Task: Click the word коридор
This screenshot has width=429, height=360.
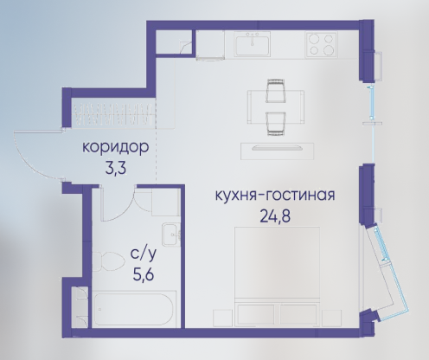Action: [x=116, y=148]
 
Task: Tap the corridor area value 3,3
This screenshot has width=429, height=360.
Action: [x=116, y=169]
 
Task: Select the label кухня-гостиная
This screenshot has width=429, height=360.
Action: [x=275, y=195]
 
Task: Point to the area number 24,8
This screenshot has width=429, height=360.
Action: [x=275, y=215]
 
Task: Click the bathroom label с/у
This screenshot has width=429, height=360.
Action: [x=144, y=254]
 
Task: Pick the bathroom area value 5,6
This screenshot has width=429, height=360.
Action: [x=144, y=274]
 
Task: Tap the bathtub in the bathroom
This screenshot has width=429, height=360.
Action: [x=133, y=309]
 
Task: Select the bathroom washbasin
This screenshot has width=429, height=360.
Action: [x=170, y=235]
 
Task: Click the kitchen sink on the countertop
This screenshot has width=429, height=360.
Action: [x=253, y=44]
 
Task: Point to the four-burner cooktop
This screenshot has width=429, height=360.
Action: [x=322, y=44]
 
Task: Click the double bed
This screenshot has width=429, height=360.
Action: [x=277, y=277]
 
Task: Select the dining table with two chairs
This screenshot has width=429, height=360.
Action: [x=276, y=106]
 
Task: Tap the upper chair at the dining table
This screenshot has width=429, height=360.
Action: [x=276, y=90]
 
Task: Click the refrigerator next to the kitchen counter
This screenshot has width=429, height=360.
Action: [x=210, y=45]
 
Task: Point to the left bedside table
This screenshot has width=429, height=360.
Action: [x=222, y=318]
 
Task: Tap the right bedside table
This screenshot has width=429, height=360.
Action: [x=331, y=318]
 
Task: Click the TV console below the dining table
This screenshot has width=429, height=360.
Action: [x=277, y=151]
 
